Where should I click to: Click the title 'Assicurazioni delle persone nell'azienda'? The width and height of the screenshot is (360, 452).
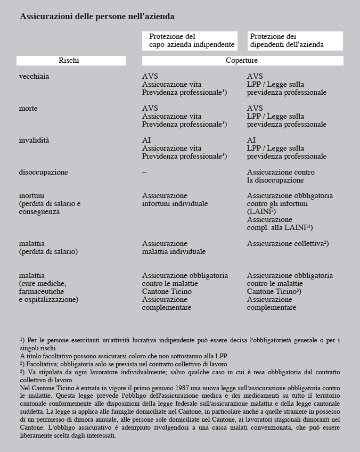tap(97, 17)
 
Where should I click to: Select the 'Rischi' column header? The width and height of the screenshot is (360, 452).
tap(69, 61)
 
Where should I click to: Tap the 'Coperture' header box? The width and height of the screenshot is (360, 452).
tap(241, 61)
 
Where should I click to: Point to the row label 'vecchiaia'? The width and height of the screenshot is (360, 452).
tap(34, 77)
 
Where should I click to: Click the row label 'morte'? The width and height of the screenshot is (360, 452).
tap(28, 109)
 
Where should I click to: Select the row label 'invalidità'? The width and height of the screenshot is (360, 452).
tap(33, 141)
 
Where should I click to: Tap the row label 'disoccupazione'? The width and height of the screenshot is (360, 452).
tap(43, 172)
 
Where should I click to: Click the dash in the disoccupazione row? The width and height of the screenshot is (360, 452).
tap(144, 172)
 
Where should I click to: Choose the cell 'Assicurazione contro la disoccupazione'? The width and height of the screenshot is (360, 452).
tap(281, 176)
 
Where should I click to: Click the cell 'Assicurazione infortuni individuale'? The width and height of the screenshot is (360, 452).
tap(175, 200)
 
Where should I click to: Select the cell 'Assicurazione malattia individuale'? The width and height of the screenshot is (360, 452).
tap(174, 248)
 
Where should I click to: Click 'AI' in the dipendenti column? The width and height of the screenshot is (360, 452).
tap(251, 141)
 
